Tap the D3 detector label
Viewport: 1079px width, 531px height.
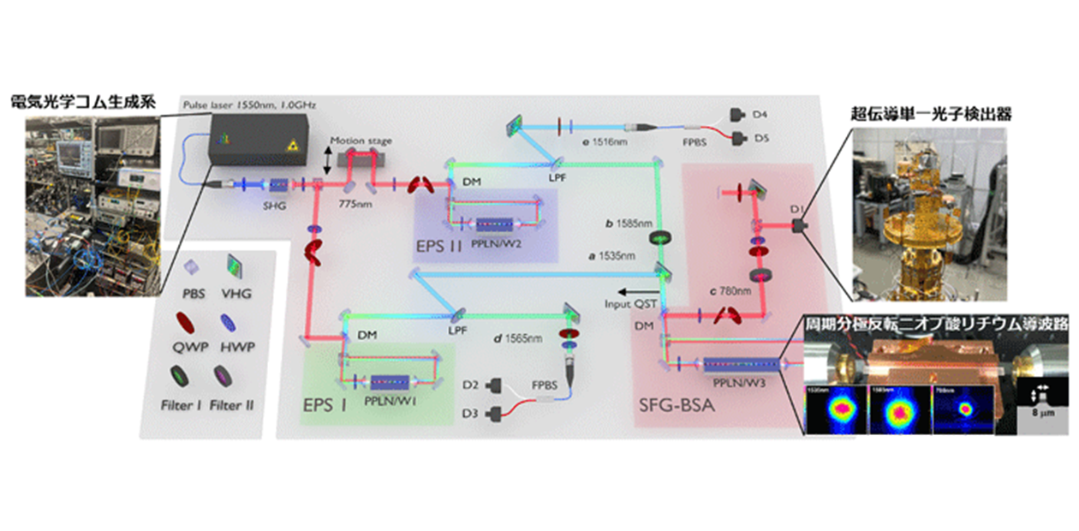click(x=468, y=415)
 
